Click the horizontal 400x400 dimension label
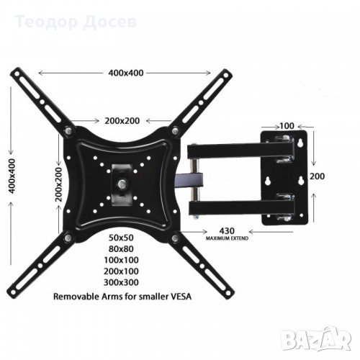tap(126, 73)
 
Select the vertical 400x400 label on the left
tap(12, 176)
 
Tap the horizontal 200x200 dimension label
tap(122, 121)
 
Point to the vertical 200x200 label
tap(58, 184)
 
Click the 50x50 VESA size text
tap(121, 238)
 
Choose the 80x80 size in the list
tap(121, 249)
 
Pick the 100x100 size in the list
tap(121, 260)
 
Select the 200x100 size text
tap(121, 271)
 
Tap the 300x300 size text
tap(121, 282)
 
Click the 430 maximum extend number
tap(227, 231)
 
